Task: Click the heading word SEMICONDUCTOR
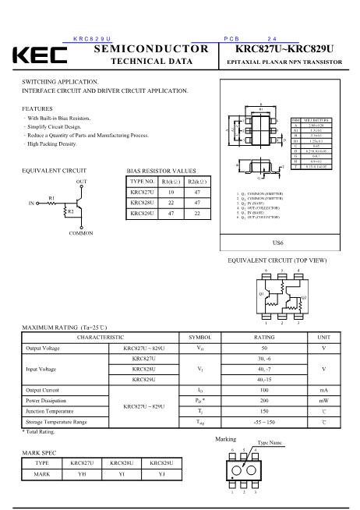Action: click(151, 49)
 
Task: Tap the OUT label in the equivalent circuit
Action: click(81, 181)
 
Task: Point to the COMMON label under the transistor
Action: click(81, 233)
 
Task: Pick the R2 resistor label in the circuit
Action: click(70, 211)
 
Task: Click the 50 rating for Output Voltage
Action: click(264, 349)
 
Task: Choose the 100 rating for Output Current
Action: click(264, 390)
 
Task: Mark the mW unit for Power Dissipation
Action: click(323, 400)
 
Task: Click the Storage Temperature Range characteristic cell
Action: click(57, 421)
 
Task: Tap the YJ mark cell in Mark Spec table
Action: click(161, 473)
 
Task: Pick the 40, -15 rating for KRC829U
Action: click(264, 379)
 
